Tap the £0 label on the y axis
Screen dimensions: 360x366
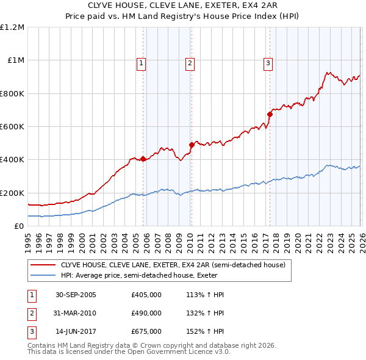point(18,226)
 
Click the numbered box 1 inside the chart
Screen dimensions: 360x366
point(142,62)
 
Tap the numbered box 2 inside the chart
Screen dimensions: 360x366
point(190,62)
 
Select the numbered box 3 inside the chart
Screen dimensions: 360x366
point(268,62)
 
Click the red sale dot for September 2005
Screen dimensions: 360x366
point(143,159)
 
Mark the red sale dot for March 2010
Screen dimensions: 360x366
point(192,145)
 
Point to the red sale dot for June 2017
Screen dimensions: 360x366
point(269,114)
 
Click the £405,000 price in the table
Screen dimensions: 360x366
point(146,295)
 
